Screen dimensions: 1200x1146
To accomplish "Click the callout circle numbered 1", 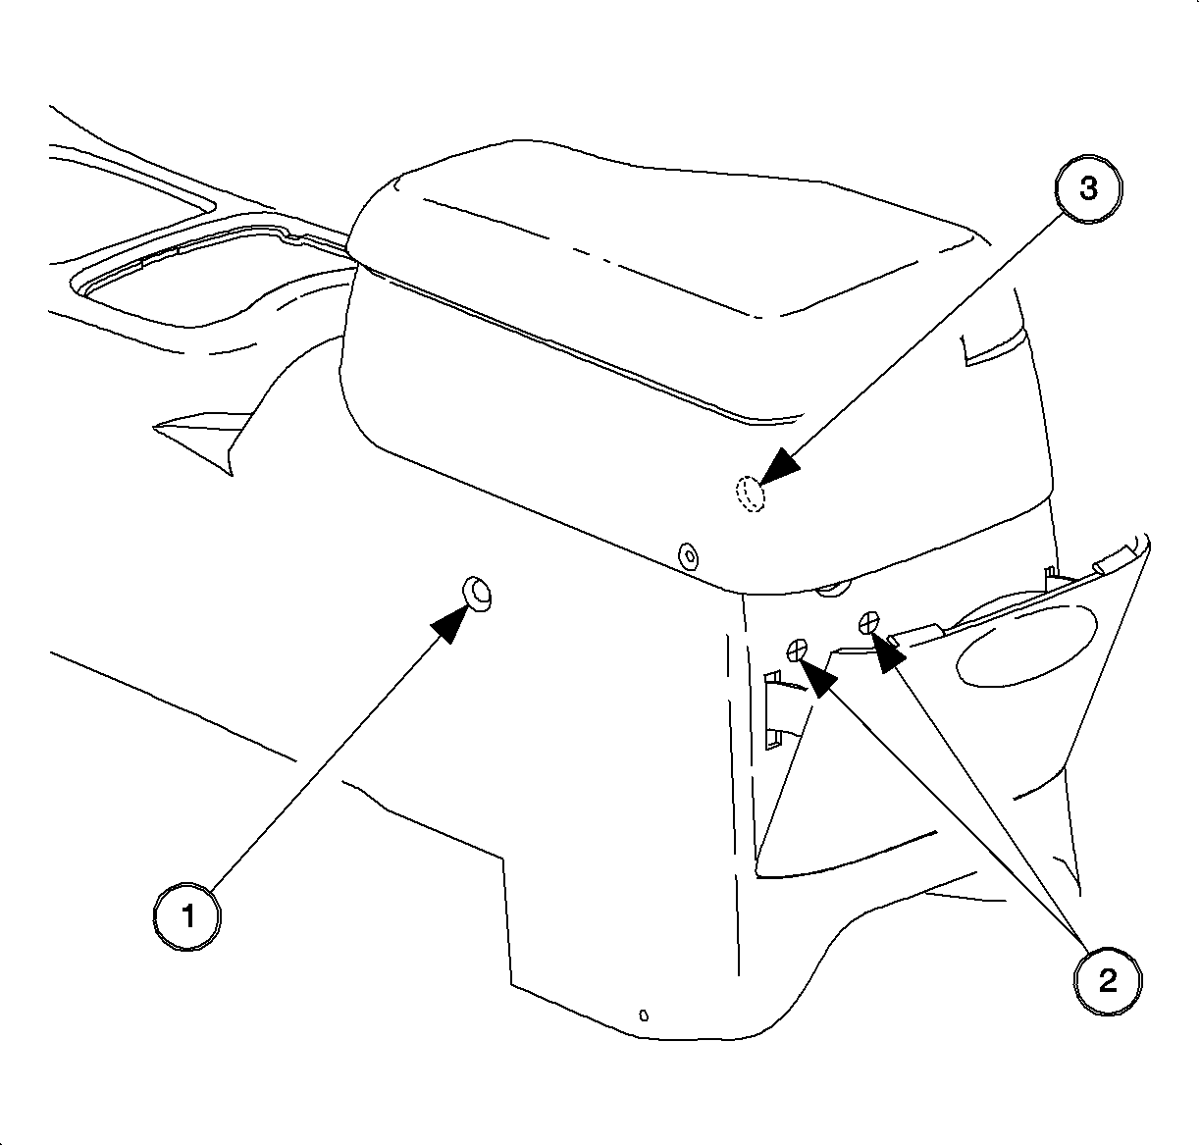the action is pyautogui.click(x=186, y=916).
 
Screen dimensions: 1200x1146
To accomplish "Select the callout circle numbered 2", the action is pyautogui.click(x=1107, y=981).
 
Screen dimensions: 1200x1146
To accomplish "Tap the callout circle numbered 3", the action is pyautogui.click(x=1088, y=188).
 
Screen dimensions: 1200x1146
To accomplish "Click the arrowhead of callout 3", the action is pyautogui.click(x=780, y=466).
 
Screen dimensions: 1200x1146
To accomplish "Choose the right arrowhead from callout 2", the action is pyautogui.click(x=890, y=652).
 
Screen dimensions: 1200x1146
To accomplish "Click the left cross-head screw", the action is pyautogui.click(x=797, y=651).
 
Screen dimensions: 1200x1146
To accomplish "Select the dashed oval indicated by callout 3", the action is pyautogui.click(x=750, y=494).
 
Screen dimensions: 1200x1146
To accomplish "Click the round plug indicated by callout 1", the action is pyautogui.click(x=476, y=594).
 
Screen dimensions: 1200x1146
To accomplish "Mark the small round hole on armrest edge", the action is pyautogui.click(x=688, y=556).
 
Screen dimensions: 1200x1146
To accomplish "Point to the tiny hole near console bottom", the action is pyautogui.click(x=644, y=1016).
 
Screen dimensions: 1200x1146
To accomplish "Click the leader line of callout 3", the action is pyautogui.click(x=923, y=339).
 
